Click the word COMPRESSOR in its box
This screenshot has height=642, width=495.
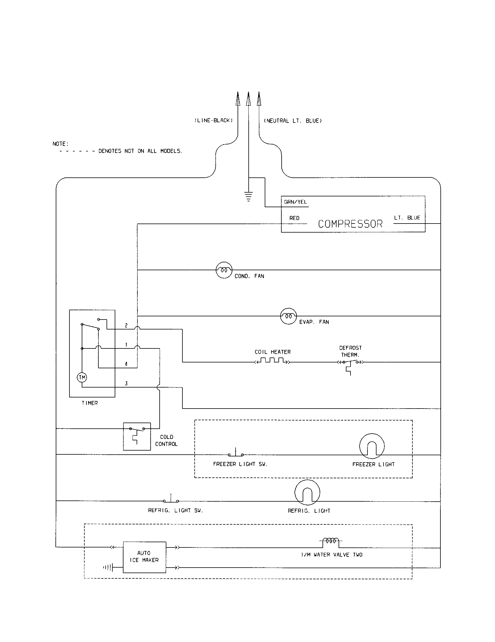[x=350, y=224]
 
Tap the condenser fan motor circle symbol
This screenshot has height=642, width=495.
[x=224, y=270]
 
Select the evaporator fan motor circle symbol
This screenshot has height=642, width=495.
[x=288, y=316]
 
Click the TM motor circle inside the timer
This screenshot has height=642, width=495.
[x=82, y=377]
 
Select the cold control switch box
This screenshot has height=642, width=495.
[x=137, y=436]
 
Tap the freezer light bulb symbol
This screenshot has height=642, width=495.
[x=372, y=446]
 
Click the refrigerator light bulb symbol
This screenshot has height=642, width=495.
[x=307, y=492]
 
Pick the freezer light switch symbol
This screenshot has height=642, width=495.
[x=236, y=453]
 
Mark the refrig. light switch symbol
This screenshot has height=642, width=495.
[x=171, y=499]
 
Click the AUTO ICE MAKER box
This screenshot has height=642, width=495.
[x=144, y=557]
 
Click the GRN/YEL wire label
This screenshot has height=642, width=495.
[x=295, y=202]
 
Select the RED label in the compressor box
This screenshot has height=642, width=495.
[x=294, y=218]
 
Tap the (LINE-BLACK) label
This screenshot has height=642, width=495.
[x=214, y=121]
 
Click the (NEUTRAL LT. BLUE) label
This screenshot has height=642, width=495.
[x=293, y=121]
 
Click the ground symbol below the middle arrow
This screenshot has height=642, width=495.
[x=249, y=196]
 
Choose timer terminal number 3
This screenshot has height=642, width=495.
[x=126, y=383]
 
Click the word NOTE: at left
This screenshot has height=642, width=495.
[x=60, y=144]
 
